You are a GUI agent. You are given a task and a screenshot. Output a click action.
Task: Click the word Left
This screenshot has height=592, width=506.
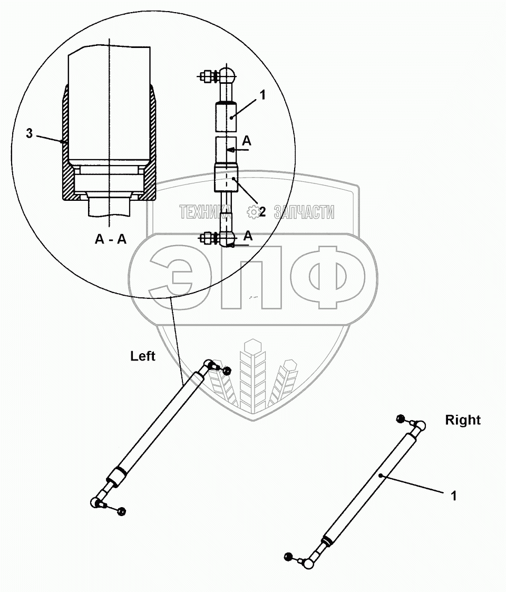pyautogui.click(x=143, y=356)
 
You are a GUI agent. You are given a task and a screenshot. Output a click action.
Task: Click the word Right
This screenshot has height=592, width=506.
pyautogui.click(x=463, y=420)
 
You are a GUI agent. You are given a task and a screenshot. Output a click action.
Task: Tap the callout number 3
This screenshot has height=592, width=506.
pyautogui.click(x=30, y=134)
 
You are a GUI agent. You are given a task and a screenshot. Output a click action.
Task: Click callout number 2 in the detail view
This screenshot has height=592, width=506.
pyautogui.click(x=262, y=211)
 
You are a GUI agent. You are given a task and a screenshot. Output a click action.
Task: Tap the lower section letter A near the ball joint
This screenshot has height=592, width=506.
pyautogui.click(x=248, y=236)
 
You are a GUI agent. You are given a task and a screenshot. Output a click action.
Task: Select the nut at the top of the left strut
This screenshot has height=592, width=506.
pyautogui.click(x=227, y=371)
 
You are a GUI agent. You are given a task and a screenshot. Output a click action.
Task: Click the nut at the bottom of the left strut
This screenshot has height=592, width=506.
pyautogui.click(x=122, y=511)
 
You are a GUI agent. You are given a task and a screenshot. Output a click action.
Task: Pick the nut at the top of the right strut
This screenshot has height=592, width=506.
pyautogui.click(x=401, y=420)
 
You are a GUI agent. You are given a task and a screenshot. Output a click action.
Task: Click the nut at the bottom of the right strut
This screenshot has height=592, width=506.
pyautogui.click(x=288, y=557)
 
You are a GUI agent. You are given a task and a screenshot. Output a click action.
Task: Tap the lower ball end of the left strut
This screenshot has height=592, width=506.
pyautogui.click(x=96, y=502)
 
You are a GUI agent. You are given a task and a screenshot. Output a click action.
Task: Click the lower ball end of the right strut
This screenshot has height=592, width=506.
pyautogui.click(x=308, y=564)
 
